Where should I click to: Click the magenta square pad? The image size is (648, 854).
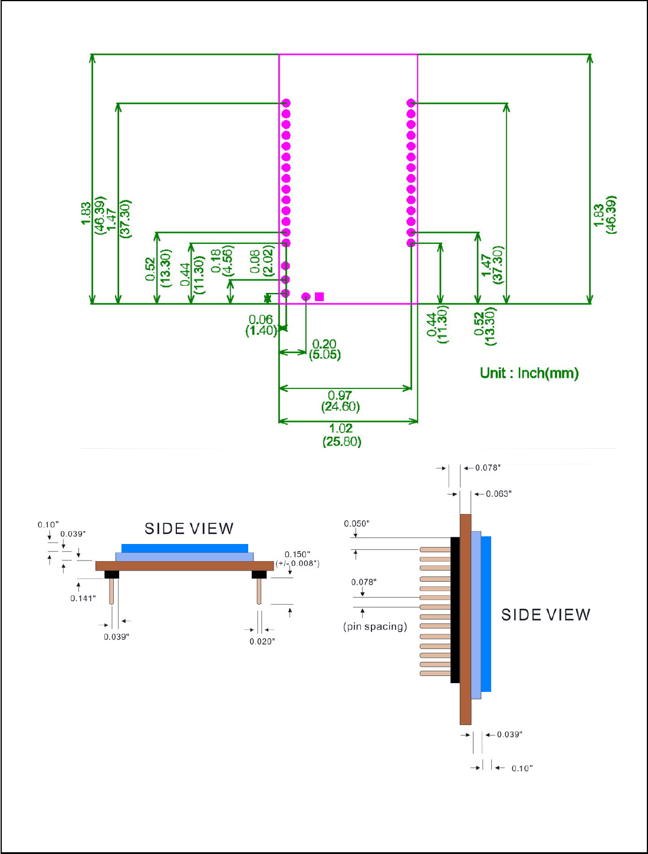pyautogui.click(x=319, y=296)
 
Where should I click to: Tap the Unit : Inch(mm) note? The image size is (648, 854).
pyautogui.click(x=529, y=373)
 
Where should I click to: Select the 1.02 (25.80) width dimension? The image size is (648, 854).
pyautogui.click(x=342, y=435)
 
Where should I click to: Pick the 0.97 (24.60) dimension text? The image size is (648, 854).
pyautogui.click(x=340, y=401)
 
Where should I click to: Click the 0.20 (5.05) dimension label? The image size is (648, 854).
pyautogui.click(x=324, y=349)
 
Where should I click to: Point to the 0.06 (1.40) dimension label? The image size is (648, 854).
pyautogui.click(x=261, y=325)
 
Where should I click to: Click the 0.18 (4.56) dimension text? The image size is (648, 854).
pyautogui.click(x=222, y=261)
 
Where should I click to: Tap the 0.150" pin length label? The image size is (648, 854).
pyautogui.click(x=297, y=554)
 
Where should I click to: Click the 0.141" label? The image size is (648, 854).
pyautogui.click(x=83, y=598)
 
